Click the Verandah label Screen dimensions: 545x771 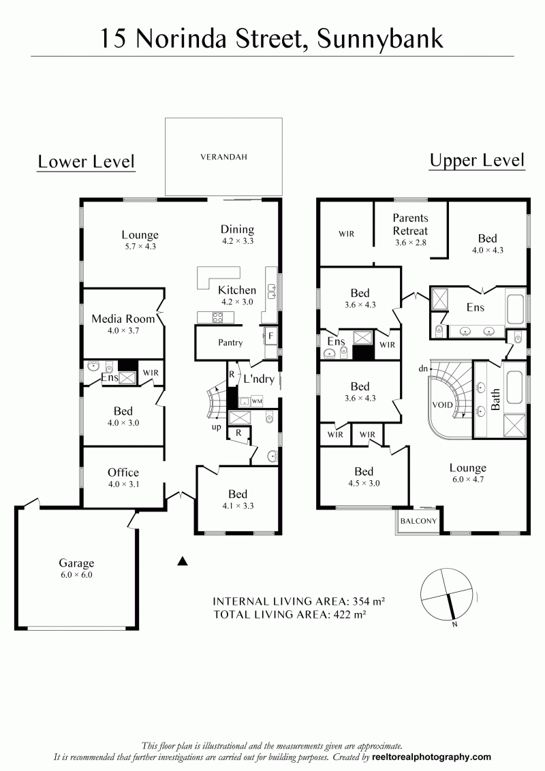tap(224, 157)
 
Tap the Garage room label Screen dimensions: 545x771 tap(76, 563)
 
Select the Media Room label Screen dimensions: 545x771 tap(123, 319)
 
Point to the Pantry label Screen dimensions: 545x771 tap(230, 343)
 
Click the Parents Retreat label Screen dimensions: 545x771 tap(410, 224)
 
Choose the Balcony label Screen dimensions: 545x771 tap(418, 521)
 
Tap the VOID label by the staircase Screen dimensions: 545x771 tap(442, 405)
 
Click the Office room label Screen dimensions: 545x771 tap(123, 473)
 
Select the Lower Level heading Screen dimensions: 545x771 tap(86, 162)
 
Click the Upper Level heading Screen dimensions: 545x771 tap(477, 161)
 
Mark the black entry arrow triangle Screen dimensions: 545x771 tap(183, 561)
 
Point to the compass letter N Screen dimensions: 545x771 tap(454, 625)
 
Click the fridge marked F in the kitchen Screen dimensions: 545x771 tap(270, 336)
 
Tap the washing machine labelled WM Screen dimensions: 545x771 tap(257, 401)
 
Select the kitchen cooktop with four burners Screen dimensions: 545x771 tap(217, 317)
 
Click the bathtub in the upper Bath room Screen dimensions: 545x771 tap(515, 387)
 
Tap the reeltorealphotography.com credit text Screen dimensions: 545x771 tap(431, 757)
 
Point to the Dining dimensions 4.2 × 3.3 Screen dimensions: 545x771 tap(238, 241)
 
